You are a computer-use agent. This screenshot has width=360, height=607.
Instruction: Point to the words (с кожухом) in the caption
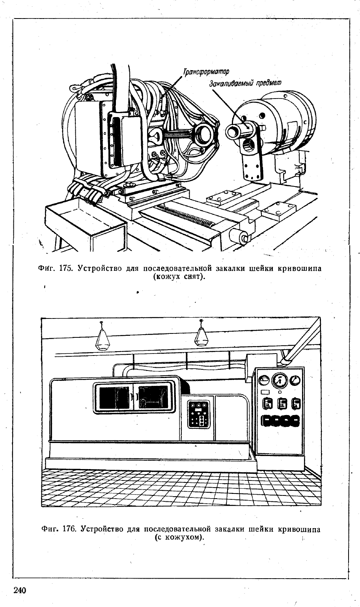(x=179, y=537)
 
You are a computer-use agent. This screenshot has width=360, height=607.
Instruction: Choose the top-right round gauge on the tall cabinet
(x=295, y=380)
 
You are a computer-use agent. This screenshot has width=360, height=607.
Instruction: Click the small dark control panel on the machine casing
(x=199, y=415)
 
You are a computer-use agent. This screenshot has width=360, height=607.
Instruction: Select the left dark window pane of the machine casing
(x=114, y=398)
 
